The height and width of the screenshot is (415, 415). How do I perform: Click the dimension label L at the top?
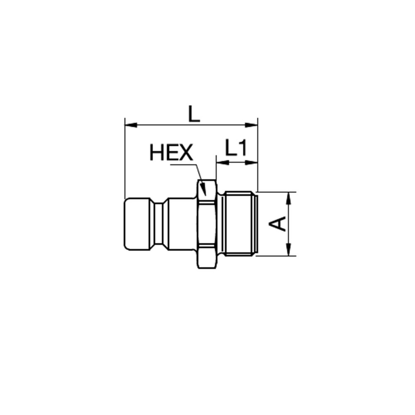coord(194,114)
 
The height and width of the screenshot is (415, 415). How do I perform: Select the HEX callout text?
coord(171,152)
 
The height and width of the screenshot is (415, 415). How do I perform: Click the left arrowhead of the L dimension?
coord(131,125)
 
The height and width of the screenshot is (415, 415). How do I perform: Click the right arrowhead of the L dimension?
coord(251,125)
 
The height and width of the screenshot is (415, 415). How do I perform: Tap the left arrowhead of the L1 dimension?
coord(222,163)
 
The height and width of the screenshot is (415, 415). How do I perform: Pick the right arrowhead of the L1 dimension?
coord(251,163)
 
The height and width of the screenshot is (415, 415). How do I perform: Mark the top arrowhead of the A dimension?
coord(289,198)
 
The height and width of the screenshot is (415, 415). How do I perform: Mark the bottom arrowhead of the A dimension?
coord(289,249)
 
